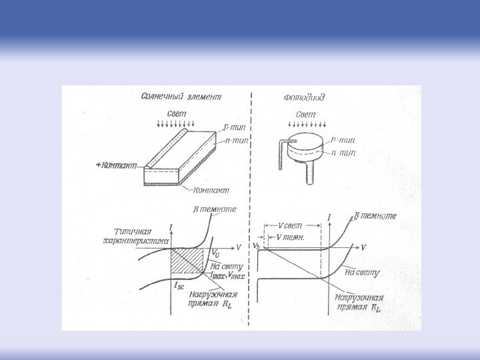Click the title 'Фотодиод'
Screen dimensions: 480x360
(305, 97)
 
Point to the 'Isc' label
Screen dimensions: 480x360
(179, 285)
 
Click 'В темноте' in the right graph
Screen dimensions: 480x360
(375, 216)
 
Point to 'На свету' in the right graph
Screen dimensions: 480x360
(363, 272)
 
